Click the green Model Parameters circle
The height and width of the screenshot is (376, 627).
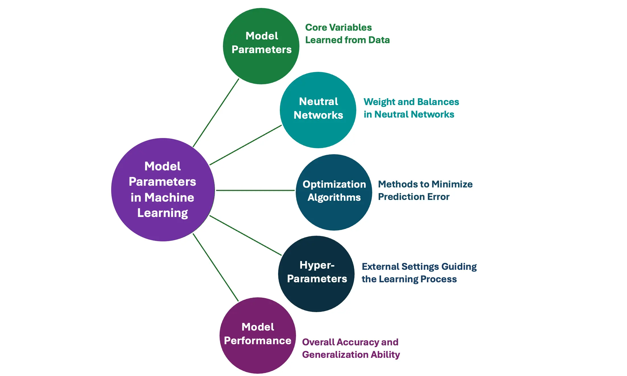click(261, 65)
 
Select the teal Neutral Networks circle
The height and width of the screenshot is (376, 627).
click(318, 131)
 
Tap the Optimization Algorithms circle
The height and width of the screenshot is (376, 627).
click(334, 213)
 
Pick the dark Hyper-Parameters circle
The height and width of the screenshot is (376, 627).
click(316, 295)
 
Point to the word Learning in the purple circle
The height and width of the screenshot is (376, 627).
click(163, 213)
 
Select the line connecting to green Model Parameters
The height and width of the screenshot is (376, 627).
click(216, 112)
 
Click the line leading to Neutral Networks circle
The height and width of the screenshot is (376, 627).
click(245, 145)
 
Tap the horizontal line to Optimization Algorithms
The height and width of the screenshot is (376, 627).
click(255, 190)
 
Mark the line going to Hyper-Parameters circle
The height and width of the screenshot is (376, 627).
click(245, 235)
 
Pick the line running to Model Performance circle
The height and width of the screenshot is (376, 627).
click(216, 267)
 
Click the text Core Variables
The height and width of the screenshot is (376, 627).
click(338, 28)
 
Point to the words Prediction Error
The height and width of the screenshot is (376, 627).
click(414, 197)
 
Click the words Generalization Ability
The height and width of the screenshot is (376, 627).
click(351, 354)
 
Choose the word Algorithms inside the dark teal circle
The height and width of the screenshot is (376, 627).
click(334, 197)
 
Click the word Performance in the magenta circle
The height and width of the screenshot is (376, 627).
click(258, 341)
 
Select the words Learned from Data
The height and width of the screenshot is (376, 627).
click(347, 40)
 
